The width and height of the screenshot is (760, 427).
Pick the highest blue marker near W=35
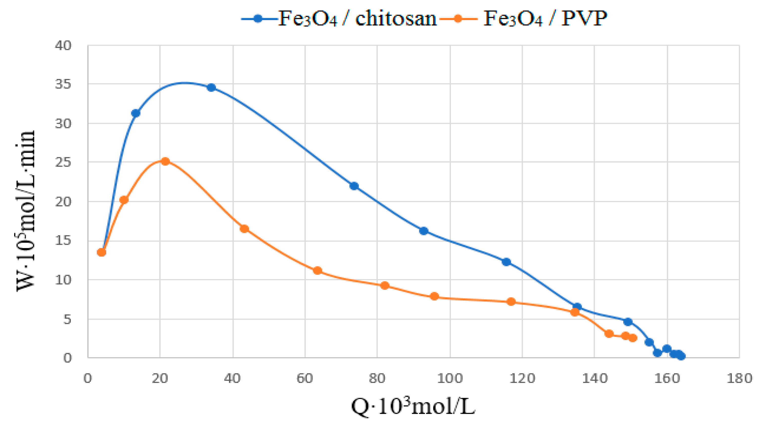(x=211, y=88)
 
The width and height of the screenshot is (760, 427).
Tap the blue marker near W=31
(x=136, y=113)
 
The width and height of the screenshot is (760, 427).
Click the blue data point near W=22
(x=354, y=186)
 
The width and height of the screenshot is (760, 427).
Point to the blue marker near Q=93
(x=424, y=231)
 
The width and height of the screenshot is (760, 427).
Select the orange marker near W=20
(x=124, y=200)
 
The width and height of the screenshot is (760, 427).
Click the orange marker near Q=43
(x=244, y=229)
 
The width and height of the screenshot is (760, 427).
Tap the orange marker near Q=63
(x=318, y=270)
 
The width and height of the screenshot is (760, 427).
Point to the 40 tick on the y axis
(x=63, y=46)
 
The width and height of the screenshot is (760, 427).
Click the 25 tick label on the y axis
(x=63, y=162)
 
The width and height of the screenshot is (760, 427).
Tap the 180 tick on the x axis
(x=739, y=378)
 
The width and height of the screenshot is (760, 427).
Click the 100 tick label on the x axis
(x=450, y=378)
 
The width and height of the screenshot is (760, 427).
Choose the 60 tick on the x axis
(x=305, y=378)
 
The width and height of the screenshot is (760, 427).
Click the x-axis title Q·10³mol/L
(x=413, y=407)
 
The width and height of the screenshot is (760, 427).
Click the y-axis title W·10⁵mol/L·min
(x=26, y=211)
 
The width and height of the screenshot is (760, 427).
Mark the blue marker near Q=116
(x=506, y=262)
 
